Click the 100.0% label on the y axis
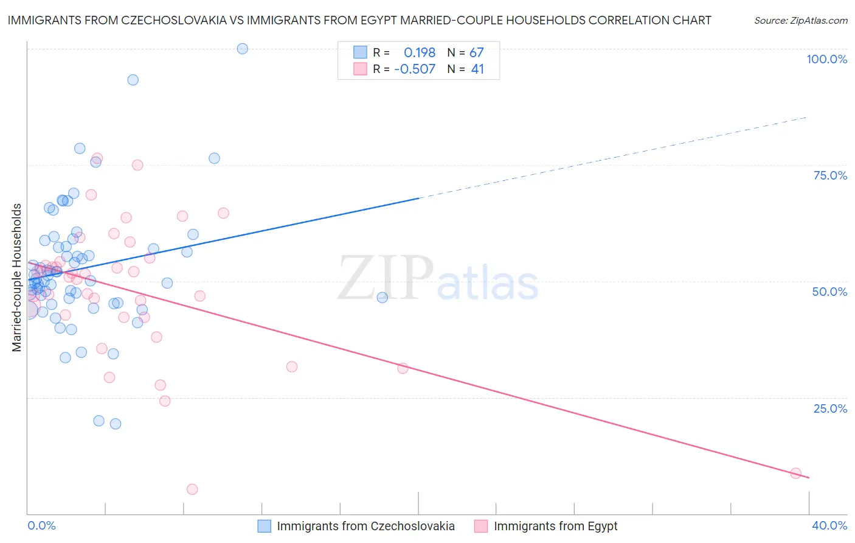tap(826, 59)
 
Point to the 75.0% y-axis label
tap(830, 175)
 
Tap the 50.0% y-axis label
tap(829, 292)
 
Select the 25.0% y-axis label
tap(830, 408)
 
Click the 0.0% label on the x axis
tap(41, 525)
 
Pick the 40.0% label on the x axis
tap(829, 525)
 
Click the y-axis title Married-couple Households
tap(17, 278)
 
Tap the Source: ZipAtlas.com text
tap(800, 21)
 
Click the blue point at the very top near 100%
tap(242, 49)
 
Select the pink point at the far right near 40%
tap(795, 474)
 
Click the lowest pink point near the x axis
tap(192, 489)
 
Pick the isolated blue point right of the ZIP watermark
tap(382, 298)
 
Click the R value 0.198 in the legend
tap(420, 53)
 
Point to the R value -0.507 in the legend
tap(415, 69)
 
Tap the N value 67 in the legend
tap(476, 53)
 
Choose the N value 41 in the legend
tap(477, 69)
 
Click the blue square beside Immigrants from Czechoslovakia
tap(264, 526)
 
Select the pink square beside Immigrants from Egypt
tap(481, 526)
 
